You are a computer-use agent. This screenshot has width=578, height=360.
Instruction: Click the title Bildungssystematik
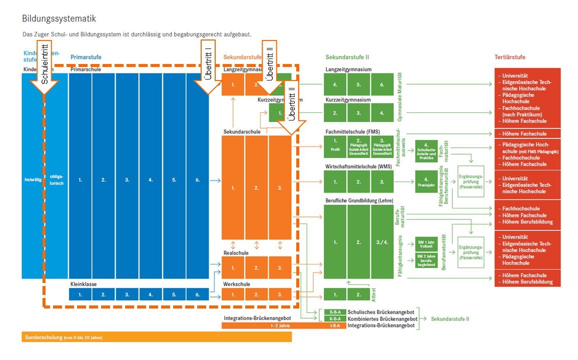[x=59, y=18]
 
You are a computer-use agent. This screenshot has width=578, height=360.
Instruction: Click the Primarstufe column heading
[x=86, y=57]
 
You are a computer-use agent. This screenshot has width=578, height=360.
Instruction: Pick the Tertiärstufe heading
[x=510, y=57]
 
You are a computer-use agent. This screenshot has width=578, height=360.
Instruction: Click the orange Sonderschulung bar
[x=156, y=337]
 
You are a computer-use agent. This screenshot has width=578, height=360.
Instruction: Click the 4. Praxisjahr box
[x=426, y=181]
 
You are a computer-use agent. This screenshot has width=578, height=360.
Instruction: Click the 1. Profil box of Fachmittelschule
[x=335, y=145]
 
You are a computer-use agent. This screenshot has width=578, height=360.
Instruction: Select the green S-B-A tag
[x=335, y=312]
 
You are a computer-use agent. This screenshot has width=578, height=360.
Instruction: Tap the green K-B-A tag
[x=335, y=318]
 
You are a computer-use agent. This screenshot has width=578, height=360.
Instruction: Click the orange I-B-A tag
[x=335, y=325]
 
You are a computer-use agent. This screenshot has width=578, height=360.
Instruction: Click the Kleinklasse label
[x=83, y=284]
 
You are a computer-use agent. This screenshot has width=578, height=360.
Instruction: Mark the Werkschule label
[x=237, y=284]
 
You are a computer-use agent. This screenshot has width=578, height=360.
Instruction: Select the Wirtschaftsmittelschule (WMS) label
[x=358, y=166]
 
